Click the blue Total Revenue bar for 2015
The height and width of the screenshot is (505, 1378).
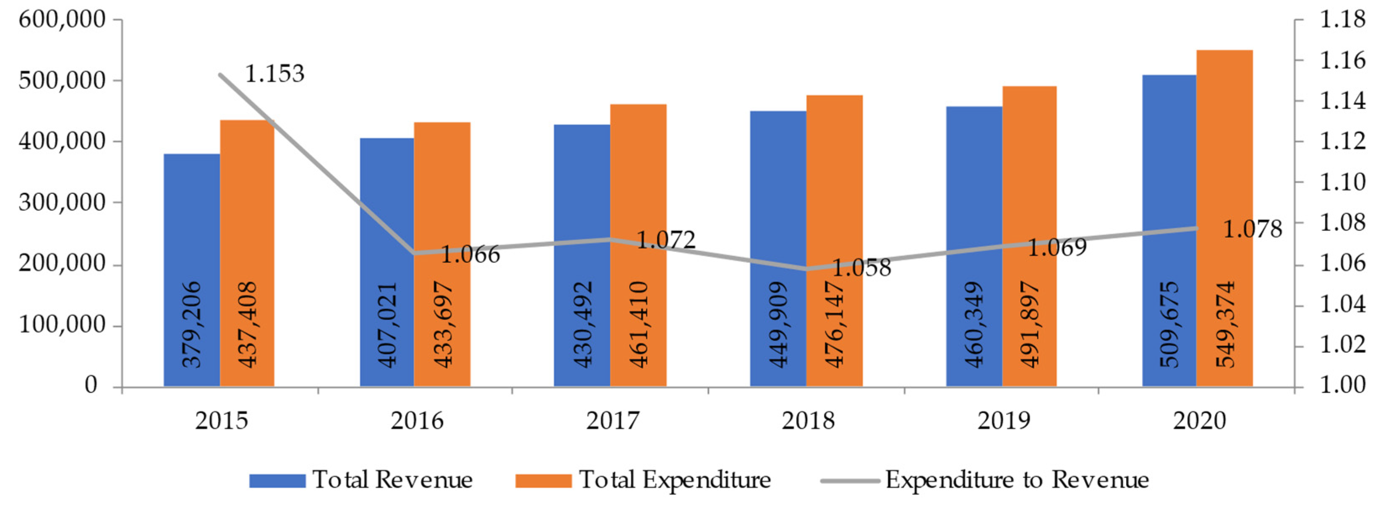(191, 225)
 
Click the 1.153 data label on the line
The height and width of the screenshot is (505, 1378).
(274, 74)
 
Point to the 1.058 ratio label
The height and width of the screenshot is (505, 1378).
(861, 268)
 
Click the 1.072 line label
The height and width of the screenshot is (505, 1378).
(666, 239)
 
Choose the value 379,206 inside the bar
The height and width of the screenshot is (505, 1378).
(191, 324)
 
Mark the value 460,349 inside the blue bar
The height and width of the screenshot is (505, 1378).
(974, 324)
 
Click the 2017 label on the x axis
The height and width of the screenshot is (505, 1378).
(613, 420)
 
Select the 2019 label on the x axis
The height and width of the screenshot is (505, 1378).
(1004, 420)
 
